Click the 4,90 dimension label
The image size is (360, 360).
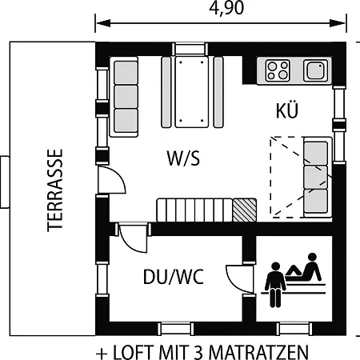tap(226, 8)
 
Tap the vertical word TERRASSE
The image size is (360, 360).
tap(55, 190)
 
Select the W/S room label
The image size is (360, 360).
tap(183, 158)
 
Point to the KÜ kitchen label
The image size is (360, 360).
tap(287, 110)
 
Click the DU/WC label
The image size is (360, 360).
tap(174, 277)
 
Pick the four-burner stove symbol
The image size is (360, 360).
tap(278, 70)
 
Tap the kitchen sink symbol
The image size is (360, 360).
tap(315, 70)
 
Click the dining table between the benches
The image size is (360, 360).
tap(192, 92)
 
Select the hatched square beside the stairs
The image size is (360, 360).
tap(245, 210)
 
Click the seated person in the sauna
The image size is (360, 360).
tap(275, 284)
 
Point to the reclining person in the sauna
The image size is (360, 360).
tap(304, 268)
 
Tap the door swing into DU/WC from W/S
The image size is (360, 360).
tap(133, 238)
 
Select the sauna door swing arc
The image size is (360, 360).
tap(239, 278)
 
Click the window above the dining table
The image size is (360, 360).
tap(190, 49)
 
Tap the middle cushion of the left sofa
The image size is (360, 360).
tap(126, 97)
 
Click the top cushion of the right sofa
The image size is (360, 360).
tap(316, 154)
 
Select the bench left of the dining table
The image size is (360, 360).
tap(166, 92)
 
